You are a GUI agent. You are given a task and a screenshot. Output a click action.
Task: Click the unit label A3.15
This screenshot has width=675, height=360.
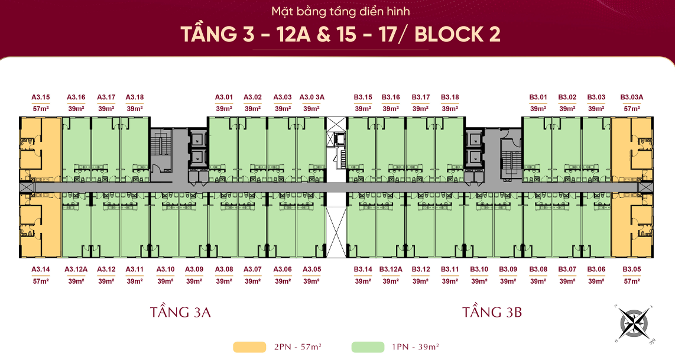pos(40,98)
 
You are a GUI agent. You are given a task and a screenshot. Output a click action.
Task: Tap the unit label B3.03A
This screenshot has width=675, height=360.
pos(631,98)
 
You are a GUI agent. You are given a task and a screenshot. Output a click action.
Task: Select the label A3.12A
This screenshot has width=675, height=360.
pos(76,270)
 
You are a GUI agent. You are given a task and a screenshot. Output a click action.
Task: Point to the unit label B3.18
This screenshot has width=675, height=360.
pos(450,98)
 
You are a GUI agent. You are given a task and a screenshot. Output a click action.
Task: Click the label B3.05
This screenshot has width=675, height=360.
pos(631,270)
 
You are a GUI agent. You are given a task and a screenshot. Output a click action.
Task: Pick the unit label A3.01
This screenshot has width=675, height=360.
pos(224,98)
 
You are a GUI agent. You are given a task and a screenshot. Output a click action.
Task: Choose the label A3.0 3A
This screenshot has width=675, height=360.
pos(311,98)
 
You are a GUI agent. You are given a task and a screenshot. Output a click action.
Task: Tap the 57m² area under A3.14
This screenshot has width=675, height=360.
pos(40,281)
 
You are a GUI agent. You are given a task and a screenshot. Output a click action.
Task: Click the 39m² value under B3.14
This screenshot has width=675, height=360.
pos(363,281)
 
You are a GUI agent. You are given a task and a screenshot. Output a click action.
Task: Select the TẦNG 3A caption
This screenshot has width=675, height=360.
pos(180,312)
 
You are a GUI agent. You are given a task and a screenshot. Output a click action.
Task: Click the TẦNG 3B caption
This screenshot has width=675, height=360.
pos(492,312)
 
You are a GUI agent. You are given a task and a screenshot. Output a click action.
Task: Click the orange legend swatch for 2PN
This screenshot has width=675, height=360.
pos(249,347)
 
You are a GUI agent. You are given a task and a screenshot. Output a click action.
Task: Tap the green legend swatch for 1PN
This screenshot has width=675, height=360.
pos(368,347)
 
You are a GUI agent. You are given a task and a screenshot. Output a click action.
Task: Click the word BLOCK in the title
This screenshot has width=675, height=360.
pos(449,34)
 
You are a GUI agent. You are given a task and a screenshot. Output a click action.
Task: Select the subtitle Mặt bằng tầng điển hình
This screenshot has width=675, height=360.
pos(340,12)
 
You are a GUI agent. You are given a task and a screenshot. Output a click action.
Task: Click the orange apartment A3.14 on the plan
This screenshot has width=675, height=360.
pos(40,225)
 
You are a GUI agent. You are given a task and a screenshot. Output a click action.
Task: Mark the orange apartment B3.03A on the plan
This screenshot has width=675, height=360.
pos(631,149)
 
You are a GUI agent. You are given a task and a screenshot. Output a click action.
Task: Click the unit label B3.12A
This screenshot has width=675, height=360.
pos(391,270)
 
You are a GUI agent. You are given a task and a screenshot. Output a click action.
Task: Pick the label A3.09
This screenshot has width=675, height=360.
pos(194,270)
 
